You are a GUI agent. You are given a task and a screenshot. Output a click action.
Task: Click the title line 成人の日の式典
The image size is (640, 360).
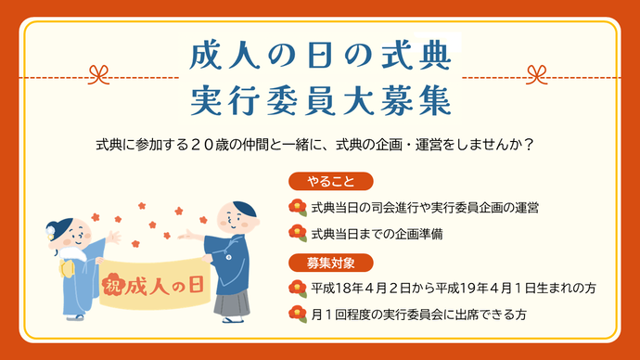coord(320,58)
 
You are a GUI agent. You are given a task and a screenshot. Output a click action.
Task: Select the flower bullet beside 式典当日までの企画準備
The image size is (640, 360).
coord(298,232)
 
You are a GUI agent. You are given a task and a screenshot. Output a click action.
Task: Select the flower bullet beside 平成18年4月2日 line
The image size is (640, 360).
coord(298,288)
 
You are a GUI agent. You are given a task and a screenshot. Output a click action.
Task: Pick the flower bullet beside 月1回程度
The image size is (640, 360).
coord(298,315)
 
